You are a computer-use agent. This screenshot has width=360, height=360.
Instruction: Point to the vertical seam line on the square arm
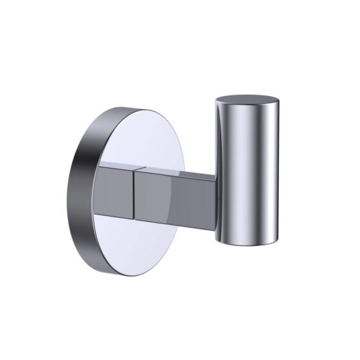tap(134, 191)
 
